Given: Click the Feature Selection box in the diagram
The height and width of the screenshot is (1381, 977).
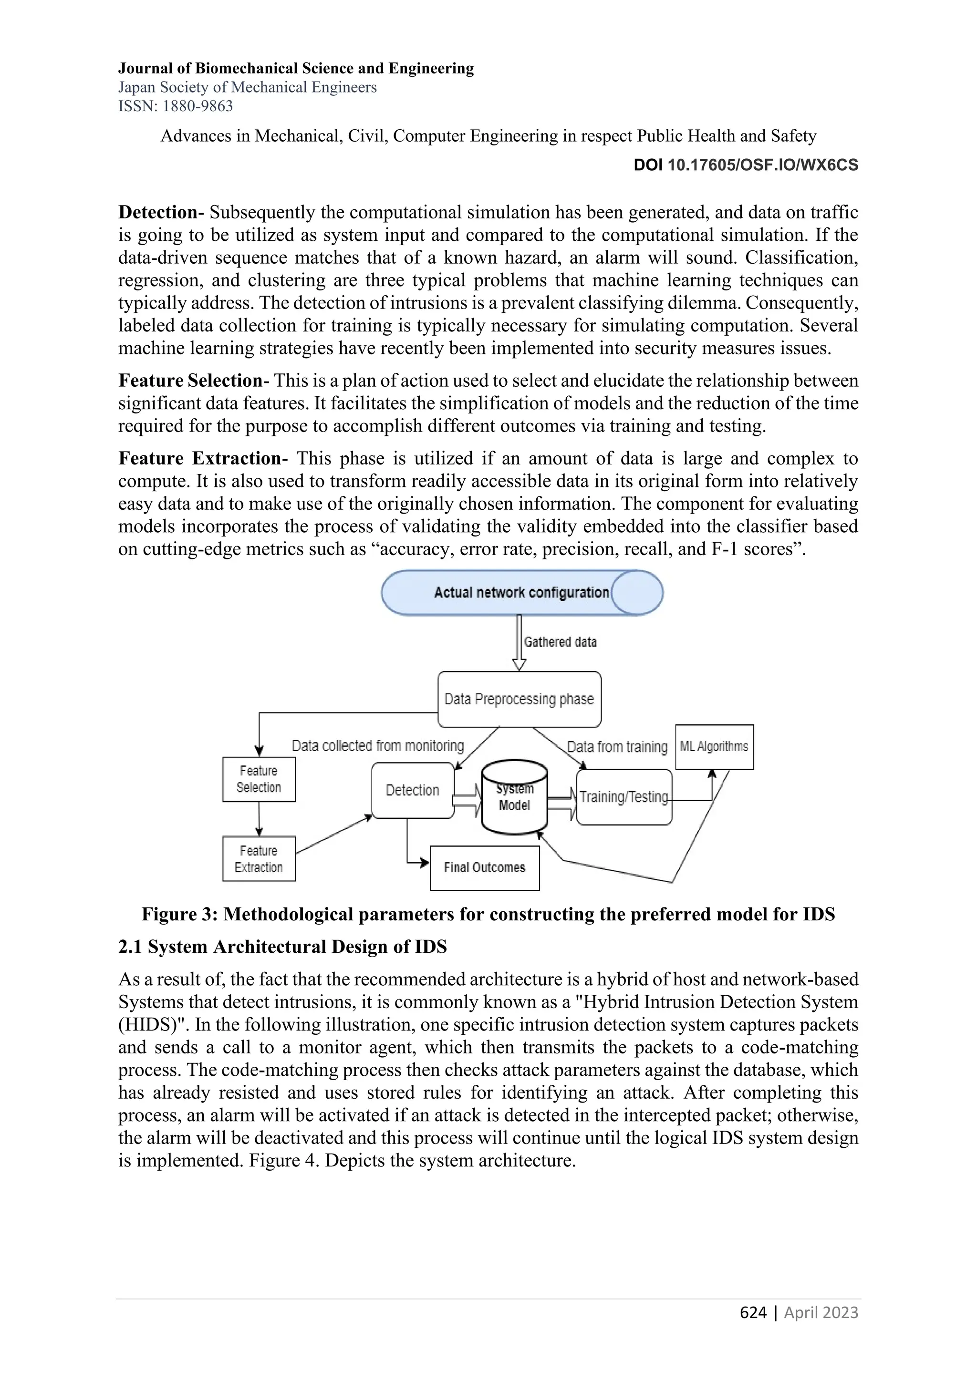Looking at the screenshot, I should pyautogui.click(x=259, y=779).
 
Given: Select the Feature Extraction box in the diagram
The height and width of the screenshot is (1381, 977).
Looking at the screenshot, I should pyautogui.click(x=259, y=859).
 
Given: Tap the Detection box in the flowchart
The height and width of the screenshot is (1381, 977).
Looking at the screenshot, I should pyautogui.click(x=412, y=790).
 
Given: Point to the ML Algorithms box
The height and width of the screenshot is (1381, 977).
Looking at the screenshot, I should pyautogui.click(x=714, y=746).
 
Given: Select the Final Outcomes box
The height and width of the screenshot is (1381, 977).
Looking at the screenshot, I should pyautogui.click(x=484, y=867).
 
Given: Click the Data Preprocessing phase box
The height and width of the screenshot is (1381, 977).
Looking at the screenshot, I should pyautogui.click(x=519, y=699).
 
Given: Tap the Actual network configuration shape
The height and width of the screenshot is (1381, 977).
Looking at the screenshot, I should pyautogui.click(x=521, y=592).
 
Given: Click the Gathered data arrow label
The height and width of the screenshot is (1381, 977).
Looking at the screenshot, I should pyautogui.click(x=560, y=642).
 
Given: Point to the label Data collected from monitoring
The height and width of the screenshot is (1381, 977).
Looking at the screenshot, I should pyautogui.click(x=378, y=746).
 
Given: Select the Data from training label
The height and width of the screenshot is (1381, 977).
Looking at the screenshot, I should pyautogui.click(x=617, y=747).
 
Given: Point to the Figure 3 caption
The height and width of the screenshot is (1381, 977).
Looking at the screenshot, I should pyautogui.click(x=488, y=914).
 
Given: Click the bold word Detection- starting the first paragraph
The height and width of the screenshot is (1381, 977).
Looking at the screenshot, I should pyautogui.click(x=160, y=212).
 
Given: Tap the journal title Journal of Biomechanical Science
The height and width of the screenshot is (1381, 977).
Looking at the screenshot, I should pyautogui.click(x=295, y=68).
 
